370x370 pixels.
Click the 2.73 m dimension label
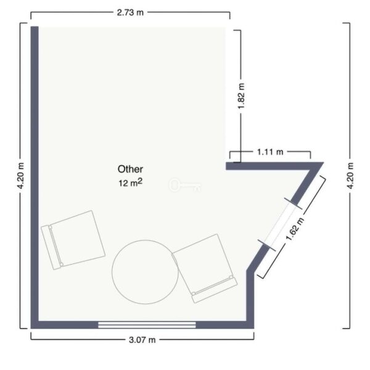[x=130, y=12]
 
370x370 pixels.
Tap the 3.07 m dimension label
[x=142, y=340]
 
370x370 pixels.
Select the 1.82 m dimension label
[x=241, y=96]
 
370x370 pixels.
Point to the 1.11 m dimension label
[x=270, y=152]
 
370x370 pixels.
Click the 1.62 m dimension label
[x=295, y=229]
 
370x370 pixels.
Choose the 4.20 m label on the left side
[x=20, y=176]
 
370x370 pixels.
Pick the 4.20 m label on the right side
[x=350, y=176]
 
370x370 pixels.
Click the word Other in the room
[x=130, y=169]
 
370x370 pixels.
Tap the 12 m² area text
[x=130, y=183]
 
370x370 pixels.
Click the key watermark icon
[x=185, y=185]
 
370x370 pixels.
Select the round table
[x=145, y=272]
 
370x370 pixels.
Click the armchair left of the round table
[x=73, y=240]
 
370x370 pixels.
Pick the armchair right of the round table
[x=205, y=268]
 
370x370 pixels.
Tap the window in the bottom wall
[x=147, y=325]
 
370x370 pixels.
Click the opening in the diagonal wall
[x=279, y=224]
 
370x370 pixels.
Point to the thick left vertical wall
[x=35, y=177]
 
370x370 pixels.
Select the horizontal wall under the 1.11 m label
[x=269, y=166]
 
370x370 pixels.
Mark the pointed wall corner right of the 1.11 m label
[x=323, y=163]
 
